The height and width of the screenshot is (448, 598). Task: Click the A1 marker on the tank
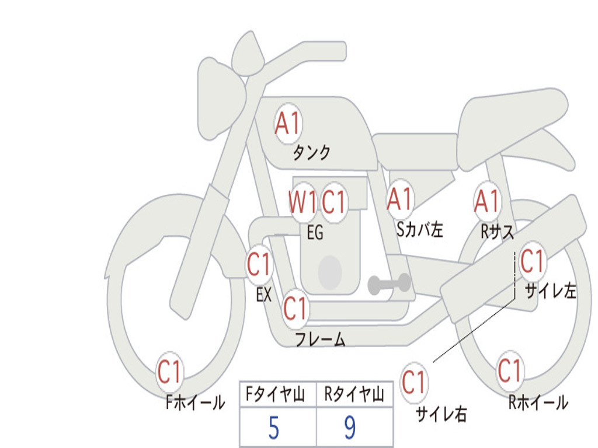[288, 124]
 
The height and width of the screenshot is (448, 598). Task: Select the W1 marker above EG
[303, 201]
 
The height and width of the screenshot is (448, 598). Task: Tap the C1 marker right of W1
[333, 201]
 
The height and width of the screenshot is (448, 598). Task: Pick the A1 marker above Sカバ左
[399, 199]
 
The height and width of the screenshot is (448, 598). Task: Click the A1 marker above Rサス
[487, 201]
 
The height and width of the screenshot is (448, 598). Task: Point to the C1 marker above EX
[259, 264]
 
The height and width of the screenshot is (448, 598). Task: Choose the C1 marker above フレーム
[295, 308]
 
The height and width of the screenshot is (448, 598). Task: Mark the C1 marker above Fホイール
[169, 372]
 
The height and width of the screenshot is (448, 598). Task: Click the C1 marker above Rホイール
[509, 370]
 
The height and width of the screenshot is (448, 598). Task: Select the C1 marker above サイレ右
[414, 381]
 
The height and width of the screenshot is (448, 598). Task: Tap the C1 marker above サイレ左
[533, 261]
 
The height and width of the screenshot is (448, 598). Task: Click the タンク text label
[311, 153]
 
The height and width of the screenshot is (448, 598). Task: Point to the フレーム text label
[321, 339]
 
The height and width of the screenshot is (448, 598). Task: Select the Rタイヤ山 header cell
[354, 394]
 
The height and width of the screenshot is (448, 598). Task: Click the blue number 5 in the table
[274, 428]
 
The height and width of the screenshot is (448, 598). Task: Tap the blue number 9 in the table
[350, 428]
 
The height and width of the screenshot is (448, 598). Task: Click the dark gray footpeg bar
[389, 284]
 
